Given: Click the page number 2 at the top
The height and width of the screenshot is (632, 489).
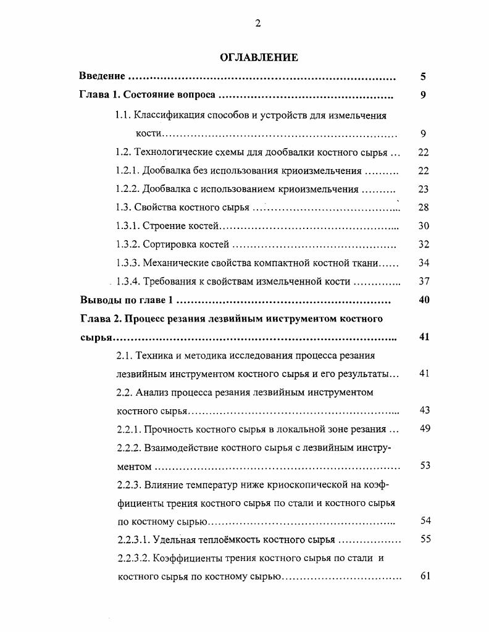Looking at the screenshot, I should [x=258, y=23].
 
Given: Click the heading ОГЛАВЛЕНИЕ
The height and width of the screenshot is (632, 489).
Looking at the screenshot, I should [x=259, y=57].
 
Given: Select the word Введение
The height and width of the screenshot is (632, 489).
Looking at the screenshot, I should [x=102, y=77].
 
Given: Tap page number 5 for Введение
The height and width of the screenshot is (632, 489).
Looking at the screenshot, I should [x=423, y=77].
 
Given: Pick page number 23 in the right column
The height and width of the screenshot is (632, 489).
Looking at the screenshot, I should [x=423, y=189].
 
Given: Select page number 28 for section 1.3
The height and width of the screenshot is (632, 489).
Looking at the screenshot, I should [x=423, y=207].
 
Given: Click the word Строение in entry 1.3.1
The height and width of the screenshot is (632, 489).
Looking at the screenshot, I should [x=162, y=227].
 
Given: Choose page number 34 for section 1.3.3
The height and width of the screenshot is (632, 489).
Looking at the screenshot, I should [x=423, y=263].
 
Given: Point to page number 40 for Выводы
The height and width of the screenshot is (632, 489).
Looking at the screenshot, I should [x=423, y=300].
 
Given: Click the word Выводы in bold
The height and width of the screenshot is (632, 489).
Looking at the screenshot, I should [x=99, y=301].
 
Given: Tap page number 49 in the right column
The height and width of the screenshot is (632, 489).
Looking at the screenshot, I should [x=425, y=429].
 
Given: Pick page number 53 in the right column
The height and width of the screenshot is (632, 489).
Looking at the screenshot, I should [x=425, y=465].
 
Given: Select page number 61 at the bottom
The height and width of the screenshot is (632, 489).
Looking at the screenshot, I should [x=425, y=576].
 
